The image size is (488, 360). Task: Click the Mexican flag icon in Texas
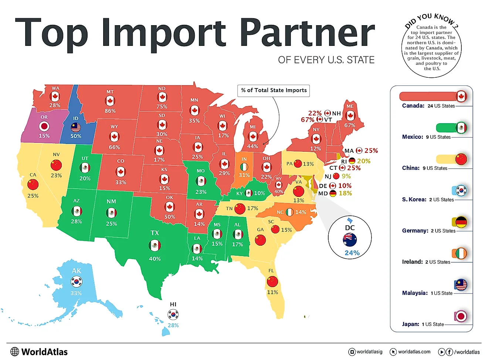[155, 245]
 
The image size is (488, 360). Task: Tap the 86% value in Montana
[110, 111]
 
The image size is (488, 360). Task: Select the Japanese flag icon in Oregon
[44, 127]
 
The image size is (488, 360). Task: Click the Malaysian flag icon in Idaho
[76, 128]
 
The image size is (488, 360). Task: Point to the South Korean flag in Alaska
[77, 282]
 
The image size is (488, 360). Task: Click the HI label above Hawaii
[173, 304]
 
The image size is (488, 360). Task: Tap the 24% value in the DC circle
[352, 253]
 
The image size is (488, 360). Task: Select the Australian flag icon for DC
[350, 239]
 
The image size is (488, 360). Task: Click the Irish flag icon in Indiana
[244, 167]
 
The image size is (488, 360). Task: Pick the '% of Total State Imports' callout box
[274, 90]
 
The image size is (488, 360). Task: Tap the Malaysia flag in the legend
[461, 285]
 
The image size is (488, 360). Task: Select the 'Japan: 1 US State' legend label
[423, 324]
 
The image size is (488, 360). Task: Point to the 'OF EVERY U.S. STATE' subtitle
[326, 60]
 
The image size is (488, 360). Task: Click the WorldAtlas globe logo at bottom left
[15, 351]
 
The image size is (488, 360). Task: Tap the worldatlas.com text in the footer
[414, 352]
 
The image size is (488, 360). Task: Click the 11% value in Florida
[272, 292]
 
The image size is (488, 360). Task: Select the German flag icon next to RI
[352, 161]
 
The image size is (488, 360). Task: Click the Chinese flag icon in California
[33, 184]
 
